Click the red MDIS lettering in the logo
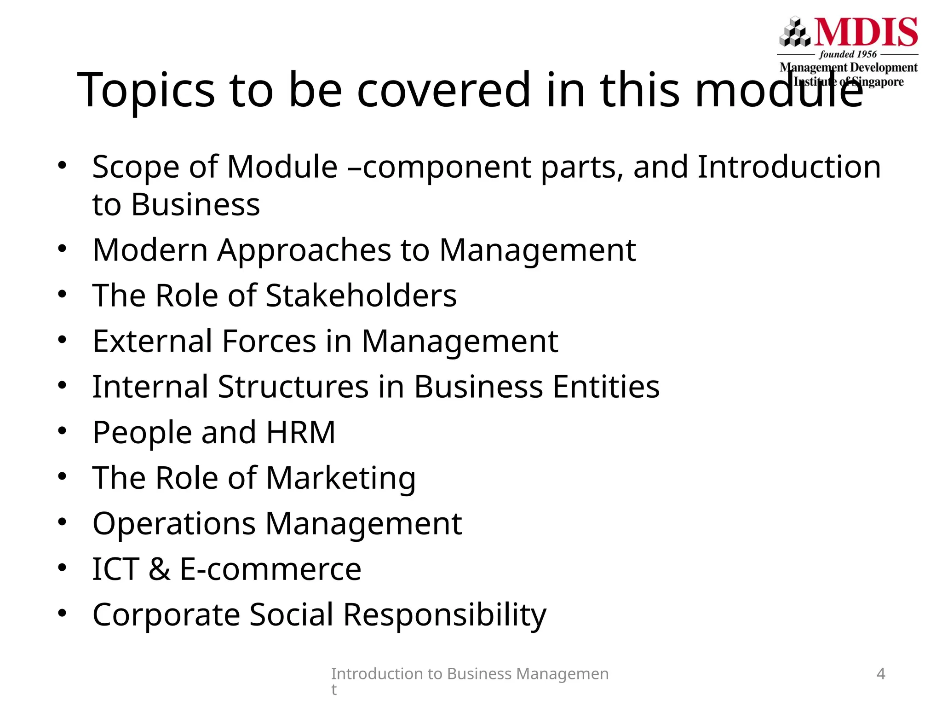coord(867,32)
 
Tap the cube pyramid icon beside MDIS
coord(795,32)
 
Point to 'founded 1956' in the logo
coord(848,54)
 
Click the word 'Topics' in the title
coord(146,90)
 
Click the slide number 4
coord(880,674)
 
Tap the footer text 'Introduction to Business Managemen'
coord(470,674)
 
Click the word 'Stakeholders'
coord(361,296)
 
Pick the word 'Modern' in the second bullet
coord(150,250)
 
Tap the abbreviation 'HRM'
coord(301,432)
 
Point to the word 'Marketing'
coord(341,478)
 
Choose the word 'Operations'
coord(174,524)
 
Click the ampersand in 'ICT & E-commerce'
coord(159,569)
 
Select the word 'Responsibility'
coord(445,615)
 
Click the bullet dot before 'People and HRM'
coord(62,430)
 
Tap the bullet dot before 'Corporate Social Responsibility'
coord(62,613)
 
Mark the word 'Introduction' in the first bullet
coord(789,167)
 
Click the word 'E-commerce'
coord(270,569)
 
